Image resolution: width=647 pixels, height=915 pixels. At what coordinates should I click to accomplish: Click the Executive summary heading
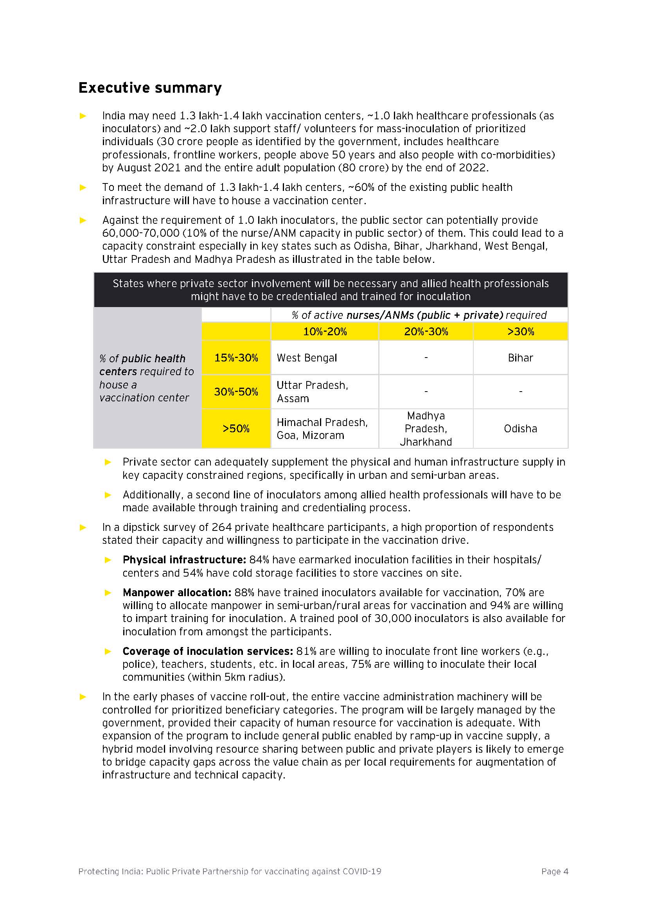click(x=150, y=88)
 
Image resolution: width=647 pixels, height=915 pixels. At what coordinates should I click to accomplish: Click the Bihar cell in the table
click(x=520, y=358)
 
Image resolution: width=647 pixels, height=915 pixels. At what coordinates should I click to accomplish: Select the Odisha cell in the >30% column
click(x=520, y=428)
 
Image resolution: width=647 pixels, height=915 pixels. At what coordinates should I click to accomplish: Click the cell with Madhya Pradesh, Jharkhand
click(x=426, y=428)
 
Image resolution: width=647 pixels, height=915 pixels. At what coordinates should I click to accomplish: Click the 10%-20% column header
click(x=325, y=331)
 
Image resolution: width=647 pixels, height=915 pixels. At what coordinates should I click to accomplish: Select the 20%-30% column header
click(x=426, y=331)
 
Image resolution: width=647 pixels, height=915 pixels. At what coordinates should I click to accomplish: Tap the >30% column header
click(x=520, y=331)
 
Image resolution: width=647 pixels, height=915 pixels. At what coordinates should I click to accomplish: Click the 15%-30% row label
click(x=236, y=358)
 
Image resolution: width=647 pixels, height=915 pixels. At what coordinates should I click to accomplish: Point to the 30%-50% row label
click(x=236, y=391)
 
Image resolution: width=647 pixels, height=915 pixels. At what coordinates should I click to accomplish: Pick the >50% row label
click(x=236, y=428)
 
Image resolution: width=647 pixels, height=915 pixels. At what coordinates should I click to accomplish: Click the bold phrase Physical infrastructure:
click(x=184, y=559)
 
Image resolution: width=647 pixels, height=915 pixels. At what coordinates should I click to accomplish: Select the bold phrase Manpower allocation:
click(x=177, y=592)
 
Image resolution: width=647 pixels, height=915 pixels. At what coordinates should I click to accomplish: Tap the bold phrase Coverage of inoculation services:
click(x=208, y=651)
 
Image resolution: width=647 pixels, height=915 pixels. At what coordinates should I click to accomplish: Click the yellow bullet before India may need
click(x=83, y=116)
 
